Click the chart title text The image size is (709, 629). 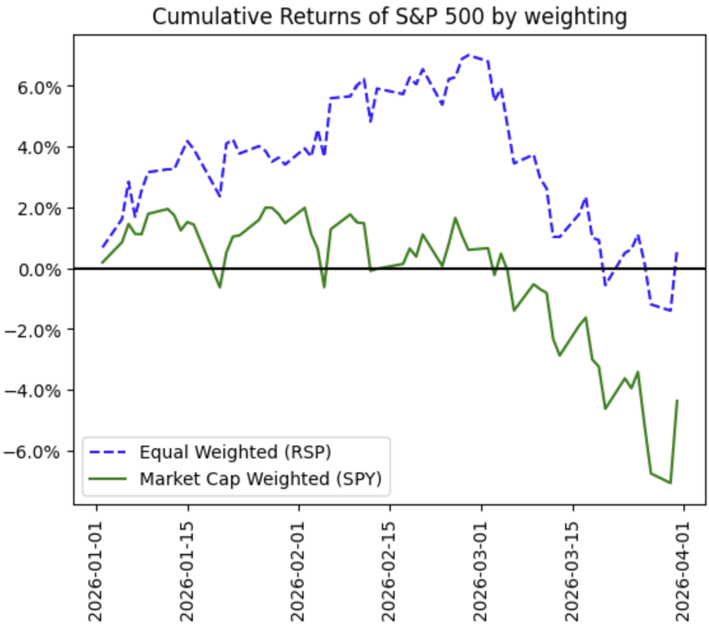click(390, 17)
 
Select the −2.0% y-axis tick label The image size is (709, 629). click(38, 330)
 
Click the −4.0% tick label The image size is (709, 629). click(38, 390)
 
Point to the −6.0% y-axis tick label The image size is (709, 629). click(38, 451)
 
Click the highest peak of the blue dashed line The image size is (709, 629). click(469, 55)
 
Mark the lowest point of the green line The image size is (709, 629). click(670, 483)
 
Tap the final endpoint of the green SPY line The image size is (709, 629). click(677, 400)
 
